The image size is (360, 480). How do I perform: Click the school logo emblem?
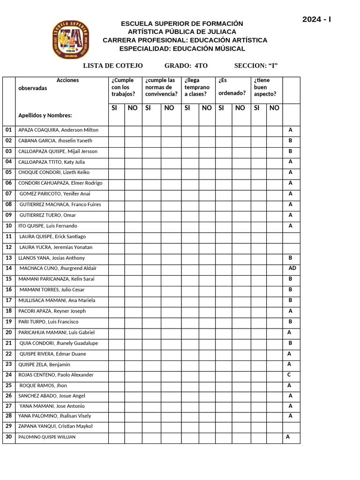pos(71,40)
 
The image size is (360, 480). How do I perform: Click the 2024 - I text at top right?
pos(316,19)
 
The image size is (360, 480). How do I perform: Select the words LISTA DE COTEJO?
pos(113,66)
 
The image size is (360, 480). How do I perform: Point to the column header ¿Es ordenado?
pos(232,87)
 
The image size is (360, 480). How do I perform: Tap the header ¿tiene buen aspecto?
pos(265,87)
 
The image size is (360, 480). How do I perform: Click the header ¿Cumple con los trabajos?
pos(123,87)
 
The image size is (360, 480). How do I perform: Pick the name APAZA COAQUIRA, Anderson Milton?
pos(58,130)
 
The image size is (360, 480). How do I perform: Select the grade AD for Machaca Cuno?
pos(292,268)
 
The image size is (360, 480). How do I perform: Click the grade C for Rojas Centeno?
pos(289,375)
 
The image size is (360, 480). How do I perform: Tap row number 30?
pos(8,436)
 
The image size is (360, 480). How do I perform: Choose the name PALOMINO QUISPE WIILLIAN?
pos(47,437)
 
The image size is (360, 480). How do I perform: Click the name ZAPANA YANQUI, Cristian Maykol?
pos(55,426)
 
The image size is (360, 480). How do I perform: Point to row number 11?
pos(8,236)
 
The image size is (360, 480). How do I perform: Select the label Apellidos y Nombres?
pos(45,115)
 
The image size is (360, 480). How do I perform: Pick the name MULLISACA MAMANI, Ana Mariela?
pos(57,300)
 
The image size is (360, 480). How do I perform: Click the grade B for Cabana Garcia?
pos(291,140)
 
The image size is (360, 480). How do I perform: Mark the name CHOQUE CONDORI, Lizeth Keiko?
pos(54,172)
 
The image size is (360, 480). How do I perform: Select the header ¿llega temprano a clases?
pos(197,87)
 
